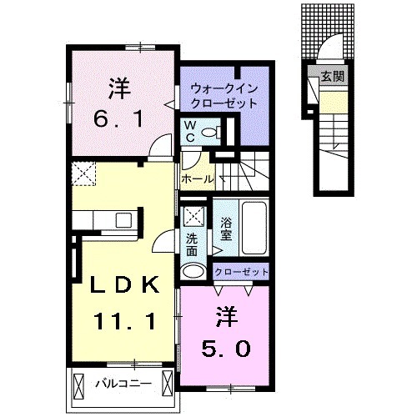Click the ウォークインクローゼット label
coord(222,93)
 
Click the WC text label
coord(190,130)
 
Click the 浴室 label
coord(226,230)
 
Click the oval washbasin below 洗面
coord(193,270)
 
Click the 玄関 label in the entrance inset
coord(333,76)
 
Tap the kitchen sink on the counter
coord(123,221)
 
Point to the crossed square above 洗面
coord(194,216)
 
